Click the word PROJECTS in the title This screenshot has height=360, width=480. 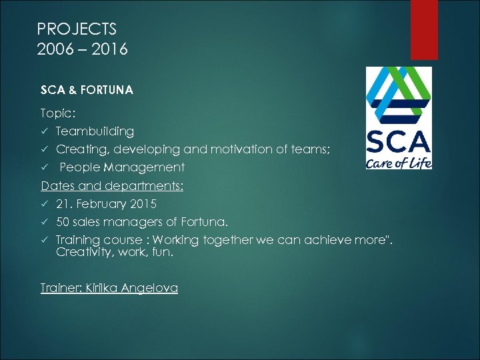coord(77,29)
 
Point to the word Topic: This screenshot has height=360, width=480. coord(58,113)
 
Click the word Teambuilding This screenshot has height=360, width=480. coord(95,131)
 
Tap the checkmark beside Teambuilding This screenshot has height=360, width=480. coord(45,132)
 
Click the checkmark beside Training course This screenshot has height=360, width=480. coord(45,240)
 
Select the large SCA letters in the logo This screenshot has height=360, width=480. coord(399,142)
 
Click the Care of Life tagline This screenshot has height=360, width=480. coord(399,162)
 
